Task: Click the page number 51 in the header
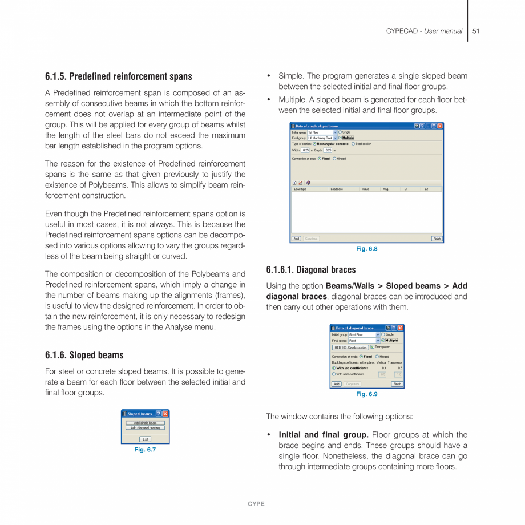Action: [x=475, y=31]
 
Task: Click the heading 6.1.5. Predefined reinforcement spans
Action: [x=119, y=76]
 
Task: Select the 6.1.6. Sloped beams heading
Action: [x=84, y=355]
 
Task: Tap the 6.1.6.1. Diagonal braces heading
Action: [x=310, y=270]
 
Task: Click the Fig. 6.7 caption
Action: [x=145, y=450]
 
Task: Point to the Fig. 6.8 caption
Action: [x=366, y=249]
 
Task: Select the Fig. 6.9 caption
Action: [x=366, y=394]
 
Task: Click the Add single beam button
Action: [x=145, y=423]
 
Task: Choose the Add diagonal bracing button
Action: [x=145, y=427]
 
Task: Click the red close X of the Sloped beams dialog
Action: [x=165, y=414]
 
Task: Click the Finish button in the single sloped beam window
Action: [x=437, y=239]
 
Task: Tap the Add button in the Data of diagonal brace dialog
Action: [x=337, y=384]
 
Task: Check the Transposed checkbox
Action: [x=373, y=347]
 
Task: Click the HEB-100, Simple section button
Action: [x=350, y=348]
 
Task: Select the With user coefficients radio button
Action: [x=334, y=374]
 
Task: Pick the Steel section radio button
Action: [x=353, y=144]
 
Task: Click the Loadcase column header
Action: [x=337, y=189]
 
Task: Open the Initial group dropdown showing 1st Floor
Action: [x=335, y=132]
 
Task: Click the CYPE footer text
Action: [x=256, y=504]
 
